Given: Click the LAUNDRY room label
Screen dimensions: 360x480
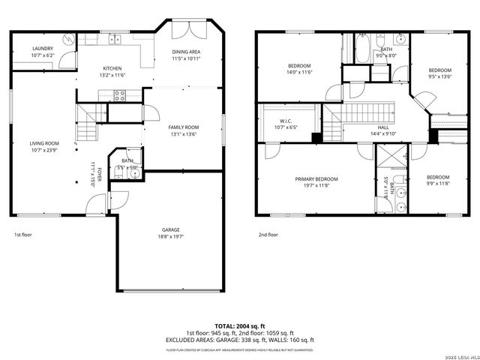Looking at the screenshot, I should tap(42, 48).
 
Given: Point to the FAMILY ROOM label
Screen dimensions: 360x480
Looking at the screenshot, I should tap(182, 127).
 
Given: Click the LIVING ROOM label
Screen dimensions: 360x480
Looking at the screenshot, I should tap(45, 142).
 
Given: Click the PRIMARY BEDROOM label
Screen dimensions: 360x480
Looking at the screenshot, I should tap(316, 178).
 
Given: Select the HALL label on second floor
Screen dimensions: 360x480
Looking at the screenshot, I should tap(383, 127).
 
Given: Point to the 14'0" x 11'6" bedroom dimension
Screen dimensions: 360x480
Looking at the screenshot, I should tap(299, 73).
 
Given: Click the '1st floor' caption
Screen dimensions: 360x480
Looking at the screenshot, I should tap(23, 235).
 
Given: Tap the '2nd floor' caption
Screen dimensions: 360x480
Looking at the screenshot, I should tap(268, 235).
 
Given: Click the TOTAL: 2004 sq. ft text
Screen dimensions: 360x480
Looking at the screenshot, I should tap(240, 325).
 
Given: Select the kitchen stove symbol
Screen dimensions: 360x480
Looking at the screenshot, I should tap(118, 94).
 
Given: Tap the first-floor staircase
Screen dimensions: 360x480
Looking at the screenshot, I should tap(88, 124).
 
